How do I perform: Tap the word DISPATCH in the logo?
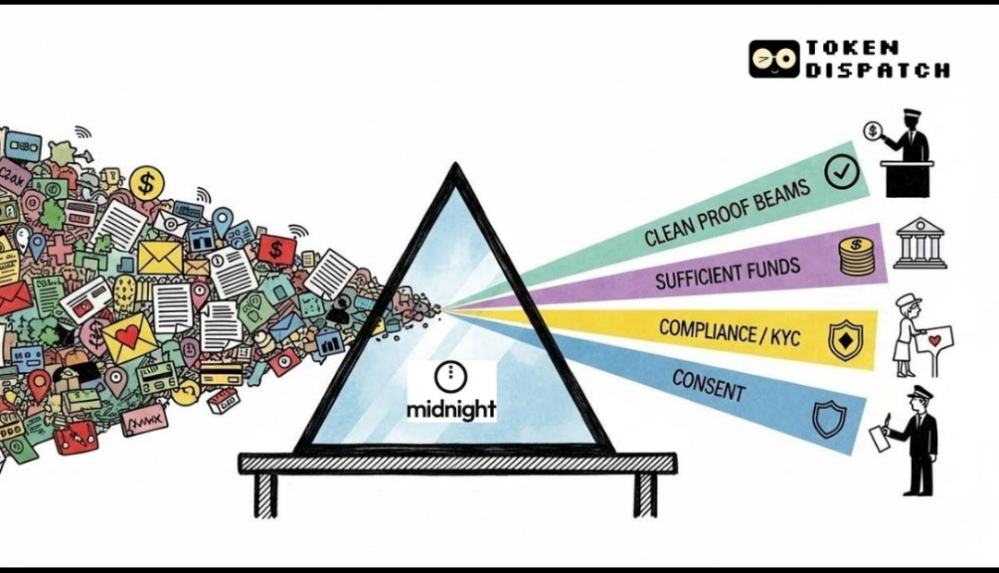pos(877,70)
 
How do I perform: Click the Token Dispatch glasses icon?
pos(773,58)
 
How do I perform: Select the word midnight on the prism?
pos(451,407)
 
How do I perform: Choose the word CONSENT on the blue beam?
pos(709,384)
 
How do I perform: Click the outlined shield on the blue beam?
pos(828,418)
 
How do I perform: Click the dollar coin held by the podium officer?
pos(871,131)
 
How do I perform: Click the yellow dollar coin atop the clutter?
pos(146,182)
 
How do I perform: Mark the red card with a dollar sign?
pos(276,248)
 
